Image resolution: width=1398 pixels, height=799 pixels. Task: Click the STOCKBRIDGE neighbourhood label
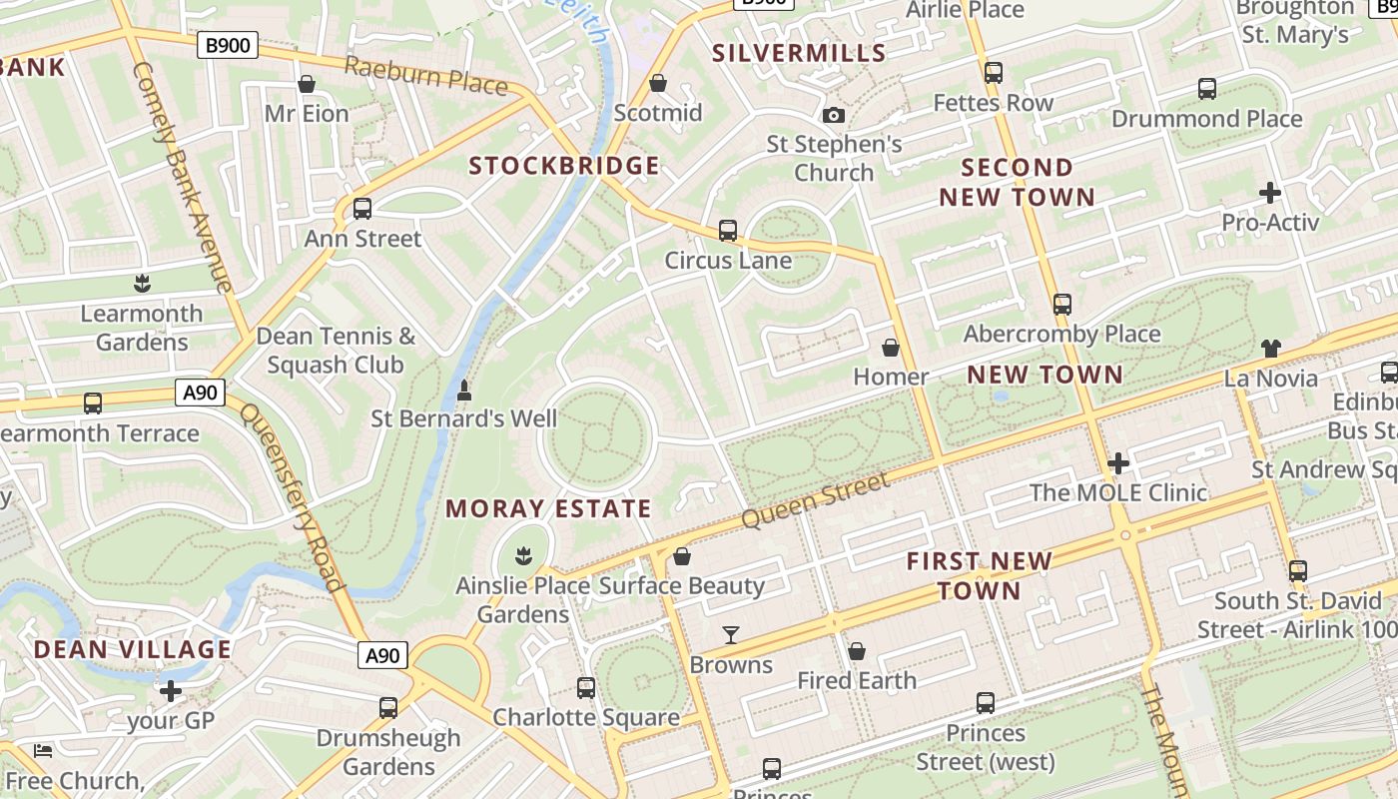tap(564, 166)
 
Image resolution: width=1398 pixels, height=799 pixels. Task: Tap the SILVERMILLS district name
tap(799, 53)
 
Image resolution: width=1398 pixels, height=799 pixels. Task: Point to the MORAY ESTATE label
tap(548, 508)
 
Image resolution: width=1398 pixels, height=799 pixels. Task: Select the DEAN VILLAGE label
tap(133, 649)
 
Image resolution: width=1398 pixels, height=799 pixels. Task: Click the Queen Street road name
tap(815, 501)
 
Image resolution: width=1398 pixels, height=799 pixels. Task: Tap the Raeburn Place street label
tap(426, 75)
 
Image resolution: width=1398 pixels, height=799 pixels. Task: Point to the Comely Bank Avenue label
tap(183, 177)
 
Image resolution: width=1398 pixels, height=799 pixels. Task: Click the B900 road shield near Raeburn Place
tap(228, 45)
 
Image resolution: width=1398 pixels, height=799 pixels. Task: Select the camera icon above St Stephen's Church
tap(834, 115)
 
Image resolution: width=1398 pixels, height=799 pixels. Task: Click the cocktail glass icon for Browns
tap(731, 634)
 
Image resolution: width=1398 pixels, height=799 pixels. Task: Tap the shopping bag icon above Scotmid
tap(657, 83)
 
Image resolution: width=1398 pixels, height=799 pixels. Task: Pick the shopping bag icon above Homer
tap(890, 348)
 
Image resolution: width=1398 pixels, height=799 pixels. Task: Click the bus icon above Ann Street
tap(362, 209)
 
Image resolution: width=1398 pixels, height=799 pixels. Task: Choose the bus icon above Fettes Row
tap(993, 73)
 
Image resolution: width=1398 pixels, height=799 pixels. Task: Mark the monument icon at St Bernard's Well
tap(463, 391)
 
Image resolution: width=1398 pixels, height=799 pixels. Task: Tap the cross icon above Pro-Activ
tap(1270, 192)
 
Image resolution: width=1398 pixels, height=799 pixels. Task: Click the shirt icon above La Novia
tap(1270, 349)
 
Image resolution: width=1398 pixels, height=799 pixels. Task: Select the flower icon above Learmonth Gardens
tap(142, 284)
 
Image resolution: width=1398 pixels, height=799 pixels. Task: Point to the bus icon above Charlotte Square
tap(586, 687)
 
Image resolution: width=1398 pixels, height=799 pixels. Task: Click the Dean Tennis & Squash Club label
tap(336, 351)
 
